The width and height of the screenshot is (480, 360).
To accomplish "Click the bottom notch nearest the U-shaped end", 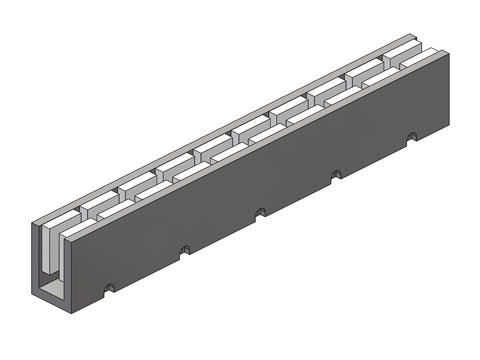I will click(109, 288).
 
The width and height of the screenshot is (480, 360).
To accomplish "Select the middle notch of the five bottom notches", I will click(261, 211).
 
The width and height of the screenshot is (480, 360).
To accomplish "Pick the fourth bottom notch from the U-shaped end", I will click(337, 173).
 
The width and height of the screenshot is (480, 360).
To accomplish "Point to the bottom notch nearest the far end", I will click(411, 135).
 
